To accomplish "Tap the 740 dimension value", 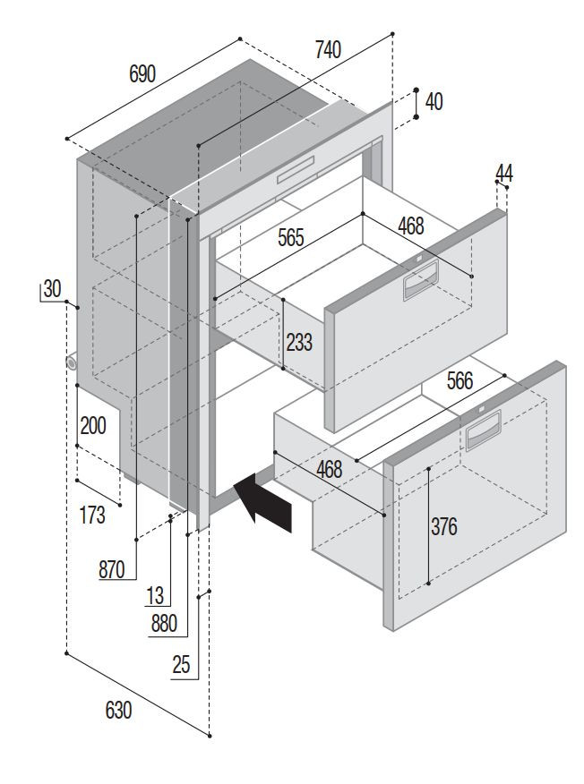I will click(328, 51).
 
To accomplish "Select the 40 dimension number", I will click(434, 102).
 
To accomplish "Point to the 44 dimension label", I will click(504, 174).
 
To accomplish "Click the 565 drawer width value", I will click(290, 238).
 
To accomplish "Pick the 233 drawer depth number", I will click(300, 342).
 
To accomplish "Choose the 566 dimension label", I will click(459, 381).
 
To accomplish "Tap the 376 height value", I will click(443, 527).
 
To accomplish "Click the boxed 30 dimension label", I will click(51, 288).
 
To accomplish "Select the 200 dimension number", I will click(92, 425).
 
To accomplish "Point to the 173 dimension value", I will click(92, 515).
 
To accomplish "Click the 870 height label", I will click(112, 568).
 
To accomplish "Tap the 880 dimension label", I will click(164, 624).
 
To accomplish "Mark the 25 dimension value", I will click(182, 664).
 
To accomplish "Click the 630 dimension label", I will click(118, 711).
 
